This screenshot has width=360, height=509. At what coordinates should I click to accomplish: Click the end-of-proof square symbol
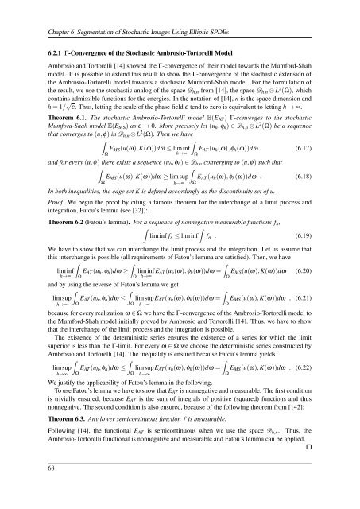tap(334, 472)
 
